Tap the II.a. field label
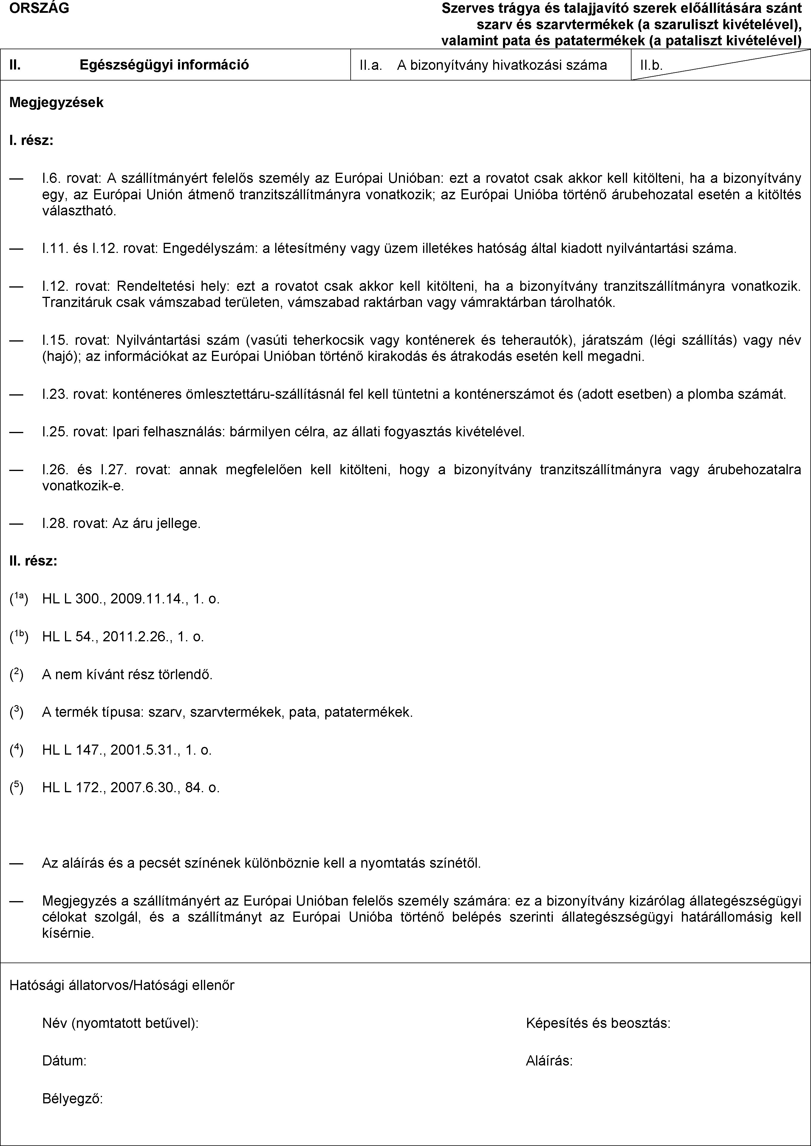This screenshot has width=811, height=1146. pyautogui.click(x=371, y=65)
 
